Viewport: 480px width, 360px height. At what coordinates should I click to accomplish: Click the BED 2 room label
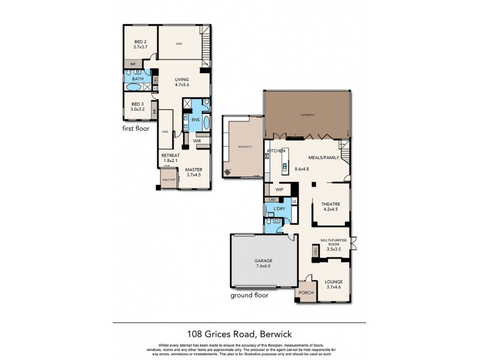coord(140,43)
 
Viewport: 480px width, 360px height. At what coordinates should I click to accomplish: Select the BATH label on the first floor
coord(138,79)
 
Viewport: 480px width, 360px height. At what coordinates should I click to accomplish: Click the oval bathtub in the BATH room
coord(134,88)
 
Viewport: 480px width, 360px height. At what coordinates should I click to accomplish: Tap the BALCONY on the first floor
coord(169,180)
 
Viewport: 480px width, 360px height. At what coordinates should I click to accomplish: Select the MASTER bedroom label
coord(194,172)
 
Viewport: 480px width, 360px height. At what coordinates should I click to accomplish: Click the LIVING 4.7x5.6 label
coord(182,82)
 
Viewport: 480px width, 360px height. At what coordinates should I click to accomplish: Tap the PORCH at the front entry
coord(305,293)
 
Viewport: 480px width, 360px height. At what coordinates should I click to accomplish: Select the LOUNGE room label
coord(333,284)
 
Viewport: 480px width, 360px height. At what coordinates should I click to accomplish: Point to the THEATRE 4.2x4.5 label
coord(331,206)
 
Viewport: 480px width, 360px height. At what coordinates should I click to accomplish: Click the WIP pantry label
coord(279,189)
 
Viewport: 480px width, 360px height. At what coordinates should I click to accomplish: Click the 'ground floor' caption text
coord(250,295)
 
